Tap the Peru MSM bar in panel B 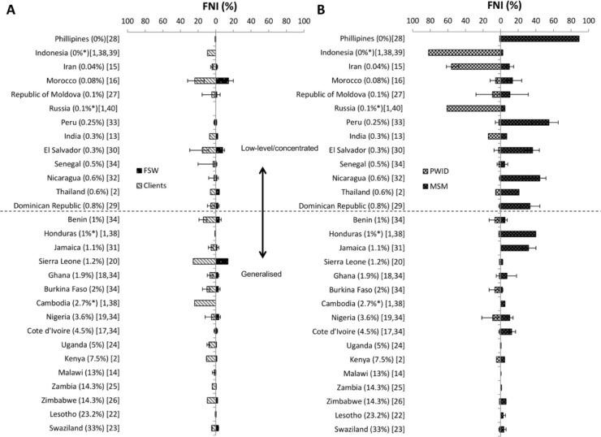click(525, 122)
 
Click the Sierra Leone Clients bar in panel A click(204, 261)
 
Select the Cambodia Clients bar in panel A click(205, 302)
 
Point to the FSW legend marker click(140, 170)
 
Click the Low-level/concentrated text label click(278, 148)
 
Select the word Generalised click(262, 275)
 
